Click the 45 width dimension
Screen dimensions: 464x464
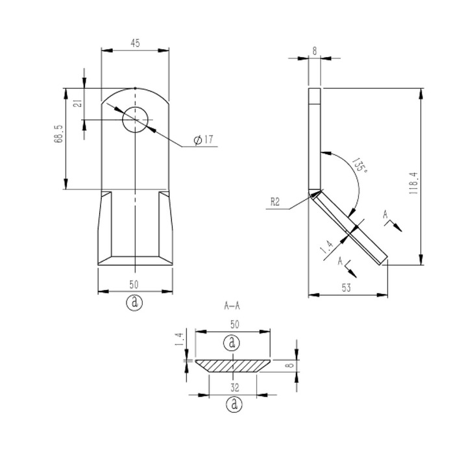[135, 43]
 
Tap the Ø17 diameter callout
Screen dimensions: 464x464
[203, 140]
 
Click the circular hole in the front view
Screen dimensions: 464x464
[135, 120]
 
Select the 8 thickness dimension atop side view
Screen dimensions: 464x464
[315, 51]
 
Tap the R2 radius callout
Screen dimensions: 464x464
[275, 202]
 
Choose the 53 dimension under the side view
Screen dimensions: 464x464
[348, 287]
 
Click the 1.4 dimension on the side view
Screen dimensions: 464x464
[326, 246]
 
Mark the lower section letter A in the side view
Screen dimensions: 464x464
[340, 260]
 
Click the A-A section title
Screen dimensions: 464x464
[232, 304]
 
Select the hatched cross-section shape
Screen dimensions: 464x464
[233, 365]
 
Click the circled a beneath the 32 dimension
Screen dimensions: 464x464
[233, 404]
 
